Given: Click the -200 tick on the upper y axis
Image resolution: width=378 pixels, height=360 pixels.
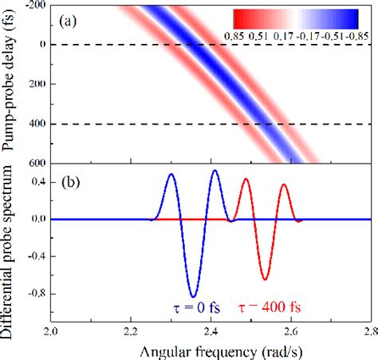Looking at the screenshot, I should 36,6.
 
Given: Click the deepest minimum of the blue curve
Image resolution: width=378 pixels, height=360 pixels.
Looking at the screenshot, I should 192,296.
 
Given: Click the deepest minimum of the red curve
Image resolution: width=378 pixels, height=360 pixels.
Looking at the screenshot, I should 265,279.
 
